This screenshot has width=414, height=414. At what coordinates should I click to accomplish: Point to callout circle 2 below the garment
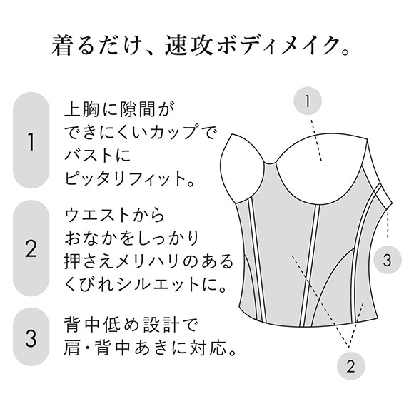click(x=350, y=367)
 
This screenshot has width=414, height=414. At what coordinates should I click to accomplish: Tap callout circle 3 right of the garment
click(x=386, y=259)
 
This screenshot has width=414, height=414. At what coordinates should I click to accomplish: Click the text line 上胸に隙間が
click(x=119, y=111)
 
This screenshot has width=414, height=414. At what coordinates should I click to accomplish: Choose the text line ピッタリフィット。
click(x=130, y=177)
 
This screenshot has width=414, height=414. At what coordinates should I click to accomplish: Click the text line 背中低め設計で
click(x=129, y=327)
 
